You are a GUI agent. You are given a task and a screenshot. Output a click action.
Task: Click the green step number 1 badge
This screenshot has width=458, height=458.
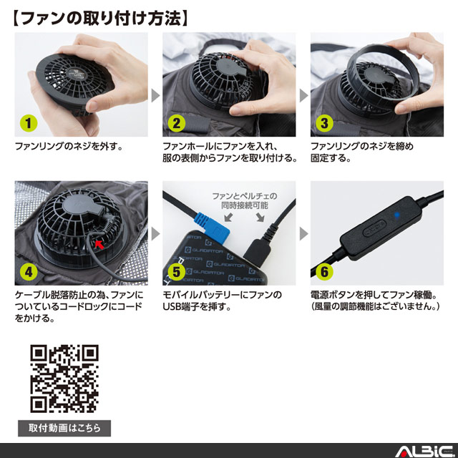click(x=29, y=123)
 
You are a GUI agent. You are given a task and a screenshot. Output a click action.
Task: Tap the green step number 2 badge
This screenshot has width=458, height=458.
click(x=177, y=123)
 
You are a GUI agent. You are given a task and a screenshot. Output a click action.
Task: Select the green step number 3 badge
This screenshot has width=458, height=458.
click(x=324, y=123)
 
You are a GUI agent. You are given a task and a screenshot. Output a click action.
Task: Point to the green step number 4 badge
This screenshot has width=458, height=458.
click(x=29, y=272)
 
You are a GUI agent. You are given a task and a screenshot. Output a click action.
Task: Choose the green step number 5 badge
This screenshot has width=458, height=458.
click(x=177, y=272)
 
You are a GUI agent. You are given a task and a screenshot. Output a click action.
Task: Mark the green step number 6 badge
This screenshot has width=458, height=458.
click(x=324, y=272)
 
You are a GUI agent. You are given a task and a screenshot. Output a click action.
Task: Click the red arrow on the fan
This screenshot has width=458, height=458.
click(x=99, y=244)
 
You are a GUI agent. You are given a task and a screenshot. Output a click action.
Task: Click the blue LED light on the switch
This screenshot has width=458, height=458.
click(x=396, y=215)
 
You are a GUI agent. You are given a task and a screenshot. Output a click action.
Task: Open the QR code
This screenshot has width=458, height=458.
click(x=64, y=379)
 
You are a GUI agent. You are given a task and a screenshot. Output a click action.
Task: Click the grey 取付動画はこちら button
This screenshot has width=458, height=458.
click(x=64, y=428)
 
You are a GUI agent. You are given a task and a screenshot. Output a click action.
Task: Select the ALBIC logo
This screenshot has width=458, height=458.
click(x=424, y=452)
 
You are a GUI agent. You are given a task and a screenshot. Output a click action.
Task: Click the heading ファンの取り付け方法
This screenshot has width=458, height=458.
click(x=101, y=18)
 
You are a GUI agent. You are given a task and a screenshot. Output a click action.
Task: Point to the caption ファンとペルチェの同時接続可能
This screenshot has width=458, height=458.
click(x=245, y=200)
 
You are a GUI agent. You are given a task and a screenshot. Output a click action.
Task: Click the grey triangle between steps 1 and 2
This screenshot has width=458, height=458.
click(x=155, y=95)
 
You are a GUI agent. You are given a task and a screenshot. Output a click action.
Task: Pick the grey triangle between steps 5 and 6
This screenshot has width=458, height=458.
click(x=303, y=233)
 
